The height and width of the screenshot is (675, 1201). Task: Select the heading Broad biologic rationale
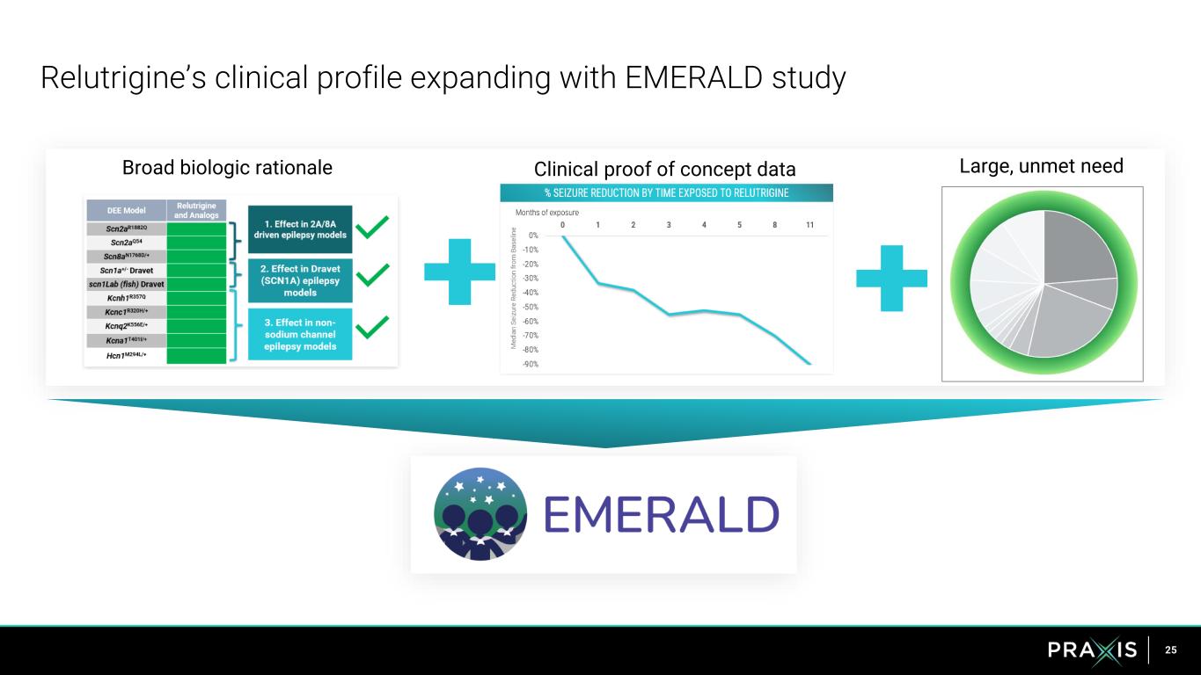(227, 167)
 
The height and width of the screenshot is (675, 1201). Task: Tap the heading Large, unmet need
(1042, 165)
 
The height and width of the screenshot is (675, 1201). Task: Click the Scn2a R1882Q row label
(124, 228)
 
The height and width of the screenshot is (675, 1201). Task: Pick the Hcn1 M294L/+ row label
(124, 355)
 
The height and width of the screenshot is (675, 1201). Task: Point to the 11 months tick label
(809, 224)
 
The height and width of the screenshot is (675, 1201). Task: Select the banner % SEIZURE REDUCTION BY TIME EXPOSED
(666, 192)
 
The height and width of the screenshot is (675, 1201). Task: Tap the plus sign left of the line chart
(458, 272)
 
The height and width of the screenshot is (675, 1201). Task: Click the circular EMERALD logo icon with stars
(480, 513)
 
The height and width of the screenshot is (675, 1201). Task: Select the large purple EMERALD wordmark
(661, 515)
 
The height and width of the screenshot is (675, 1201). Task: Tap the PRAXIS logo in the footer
(1092, 650)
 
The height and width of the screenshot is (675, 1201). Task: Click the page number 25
(1170, 650)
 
